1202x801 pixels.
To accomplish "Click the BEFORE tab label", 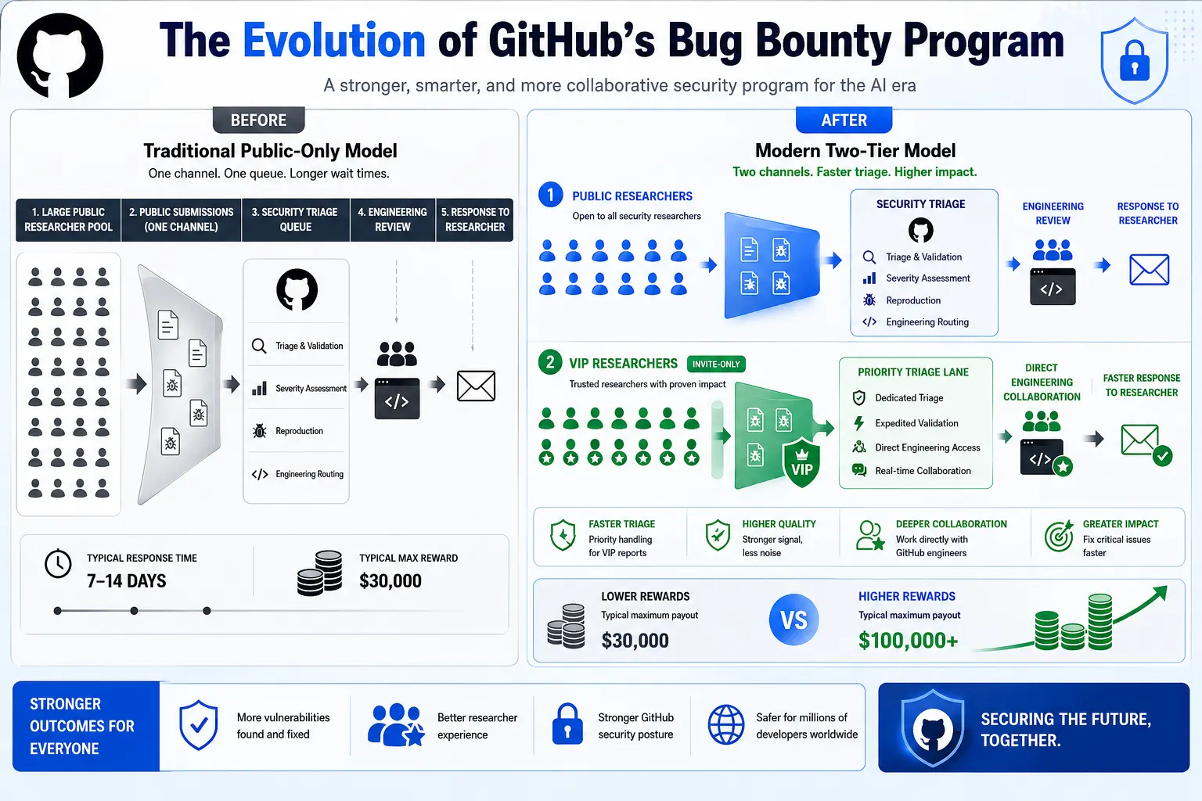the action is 259,120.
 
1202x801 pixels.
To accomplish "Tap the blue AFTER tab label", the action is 844,120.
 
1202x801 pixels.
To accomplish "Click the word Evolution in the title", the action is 334,41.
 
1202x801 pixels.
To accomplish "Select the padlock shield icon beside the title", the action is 1135,60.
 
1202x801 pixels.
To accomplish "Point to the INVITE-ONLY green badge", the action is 716,365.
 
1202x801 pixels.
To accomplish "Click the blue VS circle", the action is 794,620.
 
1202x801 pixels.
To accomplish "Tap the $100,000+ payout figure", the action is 908,640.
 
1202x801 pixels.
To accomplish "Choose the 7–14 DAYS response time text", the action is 127,581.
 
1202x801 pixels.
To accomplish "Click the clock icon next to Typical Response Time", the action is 58,564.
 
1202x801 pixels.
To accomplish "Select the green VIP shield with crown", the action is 801,462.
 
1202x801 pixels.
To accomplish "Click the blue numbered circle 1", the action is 551,194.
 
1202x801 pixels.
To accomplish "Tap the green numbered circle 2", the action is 550,363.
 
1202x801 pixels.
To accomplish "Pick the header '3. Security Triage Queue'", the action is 295,220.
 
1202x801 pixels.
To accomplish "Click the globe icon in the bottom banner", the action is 726,725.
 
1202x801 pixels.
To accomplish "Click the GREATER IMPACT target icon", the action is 1059,537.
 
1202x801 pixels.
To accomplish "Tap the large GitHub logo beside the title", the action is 60,56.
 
